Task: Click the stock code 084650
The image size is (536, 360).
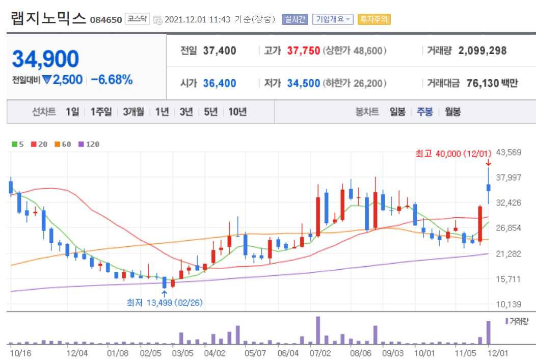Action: pos(106,20)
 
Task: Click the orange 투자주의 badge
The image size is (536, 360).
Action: pos(374,19)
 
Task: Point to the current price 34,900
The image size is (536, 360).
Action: pos(45,59)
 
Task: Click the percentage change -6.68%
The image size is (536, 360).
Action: pos(112,80)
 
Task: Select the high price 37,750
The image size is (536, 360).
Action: pos(304,51)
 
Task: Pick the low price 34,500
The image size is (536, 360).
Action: pos(304,83)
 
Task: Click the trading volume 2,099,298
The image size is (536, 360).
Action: pos(482,51)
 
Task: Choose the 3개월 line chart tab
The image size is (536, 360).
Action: pos(133,112)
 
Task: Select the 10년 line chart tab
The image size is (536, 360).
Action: pos(237,112)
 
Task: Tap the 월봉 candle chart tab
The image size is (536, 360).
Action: pos(452,112)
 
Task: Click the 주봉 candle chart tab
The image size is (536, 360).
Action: pos(425,112)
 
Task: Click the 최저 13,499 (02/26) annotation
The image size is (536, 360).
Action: pos(165,302)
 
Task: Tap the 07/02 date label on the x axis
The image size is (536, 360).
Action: pos(320,352)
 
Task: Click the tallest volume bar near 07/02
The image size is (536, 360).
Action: pos(318,330)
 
